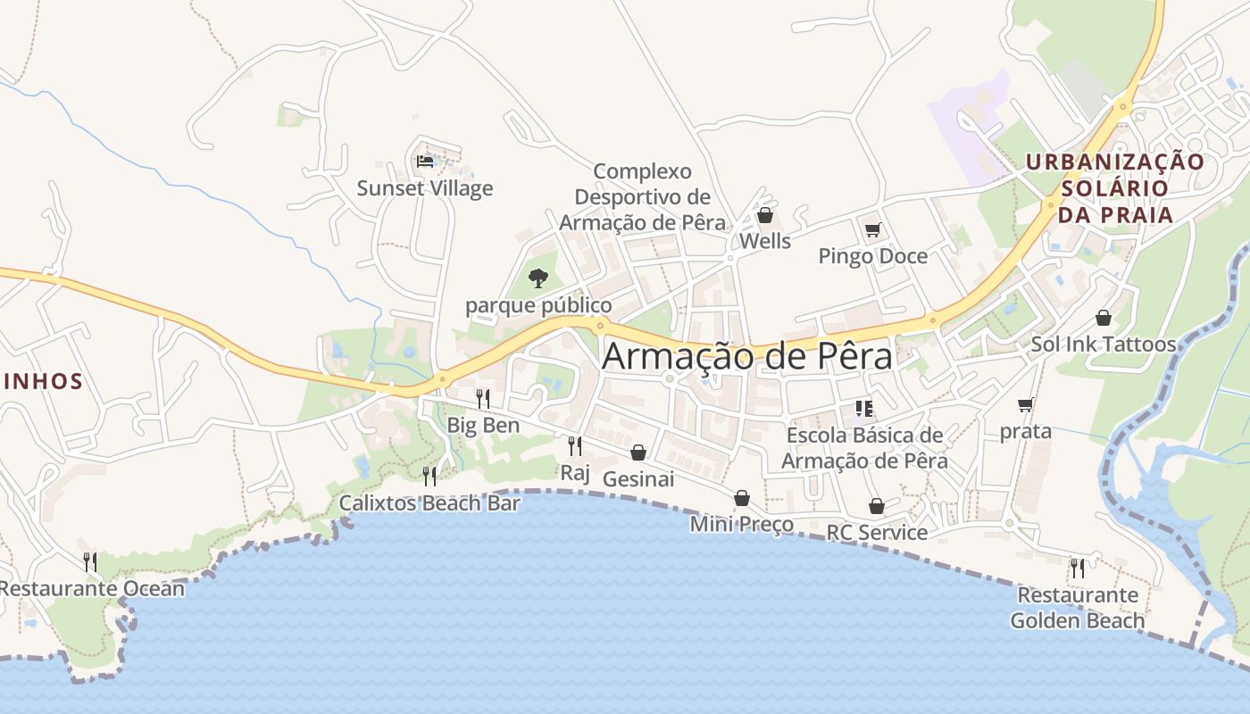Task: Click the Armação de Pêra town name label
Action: coord(747,356)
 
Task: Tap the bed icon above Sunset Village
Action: coord(425,162)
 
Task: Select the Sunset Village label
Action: coord(425,188)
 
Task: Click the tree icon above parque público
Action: coord(537,278)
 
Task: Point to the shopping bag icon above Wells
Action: coord(765,215)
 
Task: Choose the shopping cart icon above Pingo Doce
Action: coord(873,229)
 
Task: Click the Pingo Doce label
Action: coord(873,256)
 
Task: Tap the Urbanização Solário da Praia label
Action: coord(1114,188)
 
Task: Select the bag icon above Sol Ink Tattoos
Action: coord(1104,318)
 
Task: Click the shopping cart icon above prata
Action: coord(1026,404)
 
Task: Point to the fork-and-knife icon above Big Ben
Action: coord(483,398)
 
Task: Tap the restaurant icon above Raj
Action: coord(575,445)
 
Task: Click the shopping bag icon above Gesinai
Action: coord(637,452)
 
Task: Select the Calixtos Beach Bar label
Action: coord(429,503)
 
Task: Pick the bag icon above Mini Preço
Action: coord(742,498)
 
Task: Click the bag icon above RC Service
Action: coord(877,506)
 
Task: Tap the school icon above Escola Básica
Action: coord(864,409)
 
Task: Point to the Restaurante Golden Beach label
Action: coord(1078,608)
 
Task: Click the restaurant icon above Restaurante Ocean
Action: coord(90,561)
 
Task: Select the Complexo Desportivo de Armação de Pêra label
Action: coord(643,196)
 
